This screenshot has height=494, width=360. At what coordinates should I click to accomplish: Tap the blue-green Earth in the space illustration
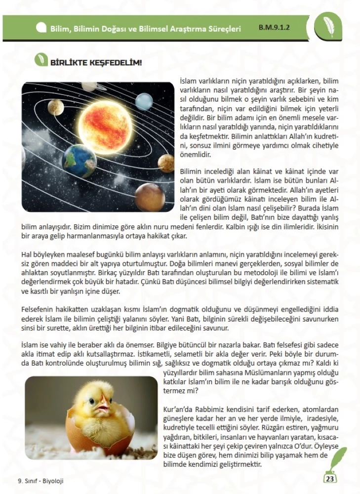click(80, 161)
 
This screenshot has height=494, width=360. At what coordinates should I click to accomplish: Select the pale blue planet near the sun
click(144, 101)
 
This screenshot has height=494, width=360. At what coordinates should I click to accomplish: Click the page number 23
click(330, 478)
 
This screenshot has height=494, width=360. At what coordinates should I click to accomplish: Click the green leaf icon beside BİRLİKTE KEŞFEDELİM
click(40, 61)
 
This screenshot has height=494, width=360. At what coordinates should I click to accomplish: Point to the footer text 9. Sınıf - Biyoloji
click(40, 481)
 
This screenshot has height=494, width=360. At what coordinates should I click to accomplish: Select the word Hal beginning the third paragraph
click(27, 254)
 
